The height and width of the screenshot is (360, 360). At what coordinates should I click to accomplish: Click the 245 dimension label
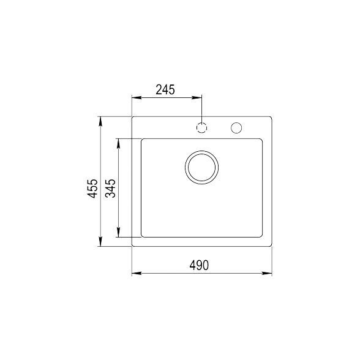click(165, 89)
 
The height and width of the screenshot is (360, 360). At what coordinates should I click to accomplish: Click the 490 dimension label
click(200, 265)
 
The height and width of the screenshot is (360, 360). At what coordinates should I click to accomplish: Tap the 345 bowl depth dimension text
click(110, 190)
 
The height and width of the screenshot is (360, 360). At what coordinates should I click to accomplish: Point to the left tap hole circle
click(201, 127)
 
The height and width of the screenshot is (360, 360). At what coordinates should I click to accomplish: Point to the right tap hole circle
click(236, 127)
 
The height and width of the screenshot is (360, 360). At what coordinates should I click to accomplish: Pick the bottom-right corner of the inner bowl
click(263, 236)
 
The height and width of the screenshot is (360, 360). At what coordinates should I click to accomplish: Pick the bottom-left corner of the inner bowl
click(142, 236)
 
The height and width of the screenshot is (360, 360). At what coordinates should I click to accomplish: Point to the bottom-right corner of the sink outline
click(272, 246)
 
